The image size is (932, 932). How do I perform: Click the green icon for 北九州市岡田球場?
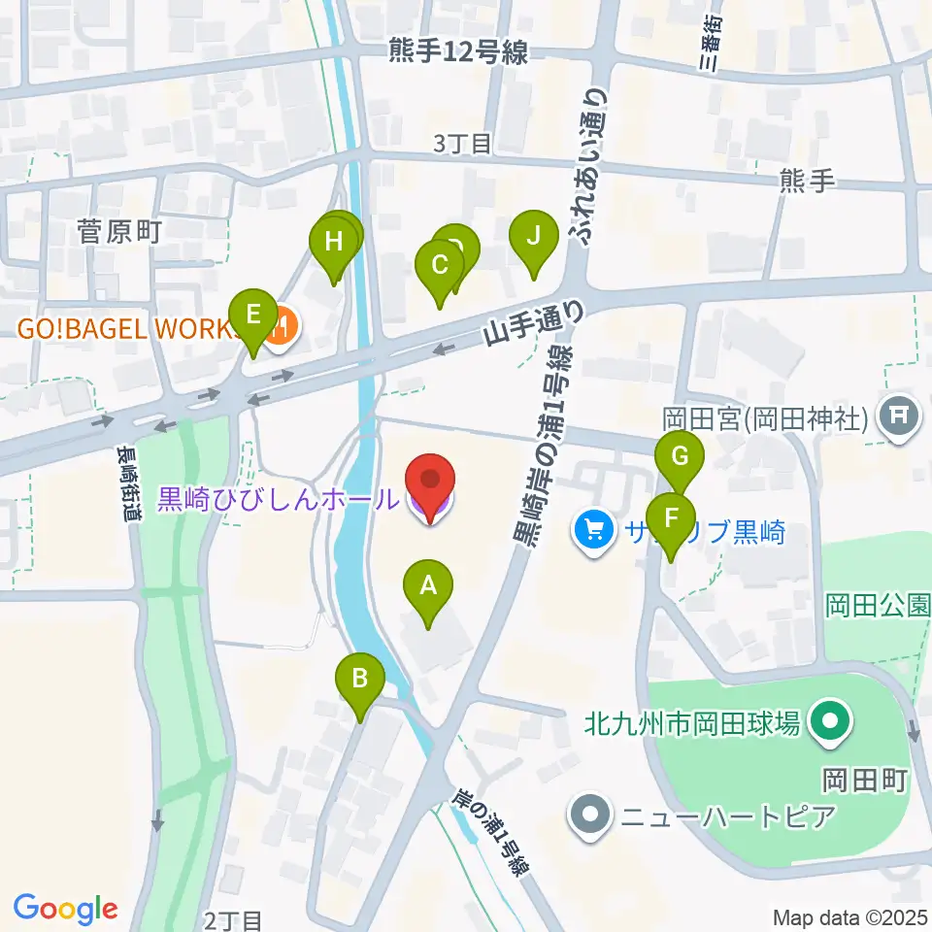[x=830, y=723]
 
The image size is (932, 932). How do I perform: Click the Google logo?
[x=65, y=908]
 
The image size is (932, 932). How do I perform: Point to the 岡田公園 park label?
[x=878, y=606]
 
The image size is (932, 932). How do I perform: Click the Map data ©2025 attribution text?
[x=849, y=917]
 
